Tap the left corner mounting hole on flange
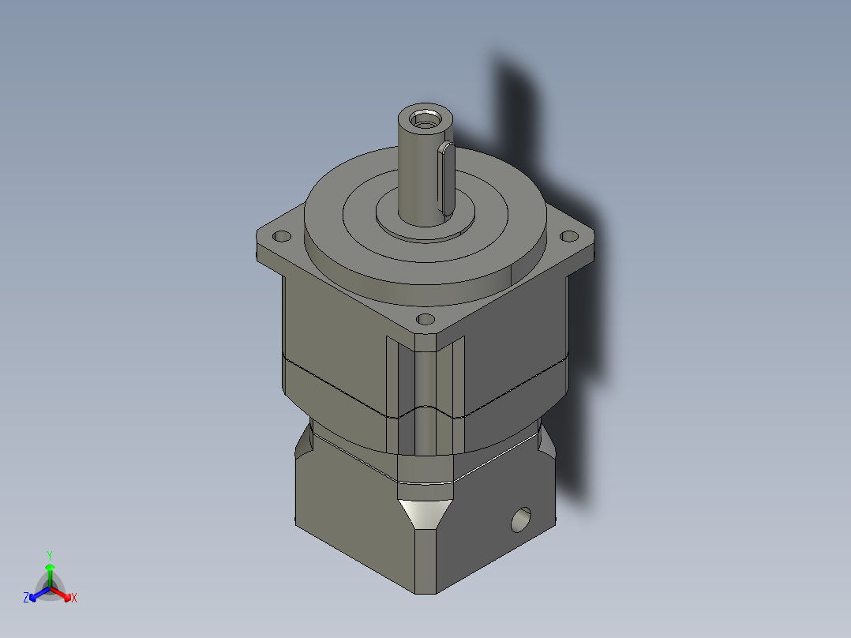280,236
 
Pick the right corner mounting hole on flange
568,235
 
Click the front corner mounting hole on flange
425,319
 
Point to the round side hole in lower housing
521,520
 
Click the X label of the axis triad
74,599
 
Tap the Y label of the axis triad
50,555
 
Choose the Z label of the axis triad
26,599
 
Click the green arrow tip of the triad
50,567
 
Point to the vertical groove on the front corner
425,395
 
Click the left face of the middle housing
332,332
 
